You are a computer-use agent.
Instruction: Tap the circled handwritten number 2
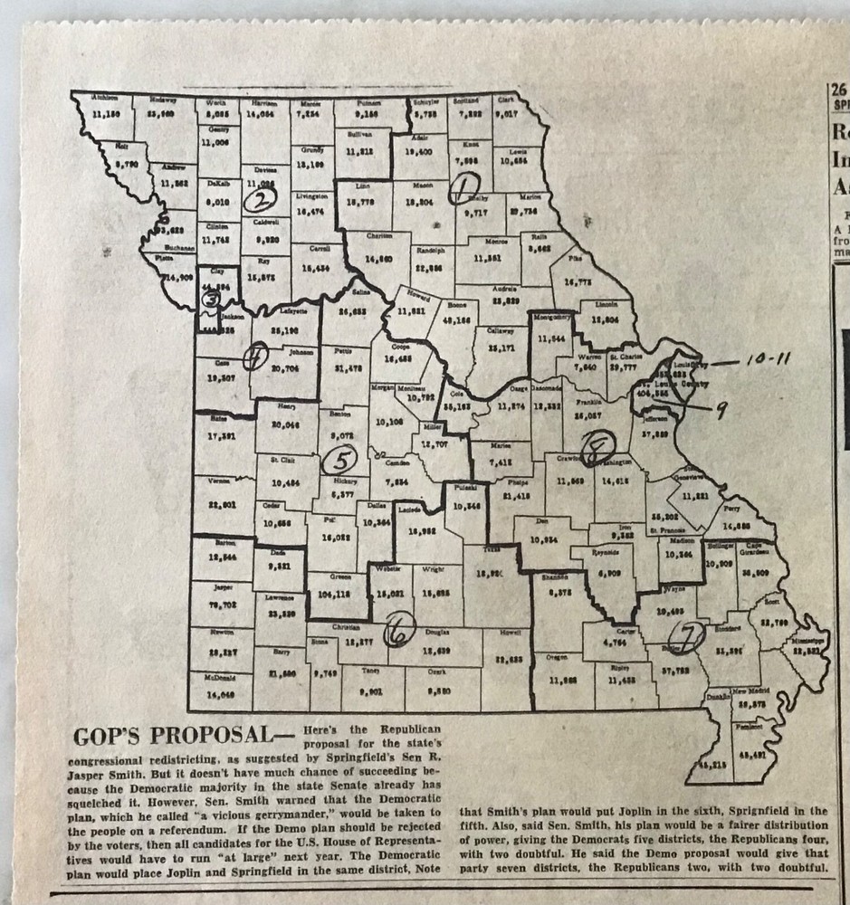point(263,199)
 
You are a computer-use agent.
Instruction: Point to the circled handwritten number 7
point(692,637)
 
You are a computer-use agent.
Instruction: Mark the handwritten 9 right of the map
point(721,409)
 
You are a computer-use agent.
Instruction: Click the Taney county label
point(372,671)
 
